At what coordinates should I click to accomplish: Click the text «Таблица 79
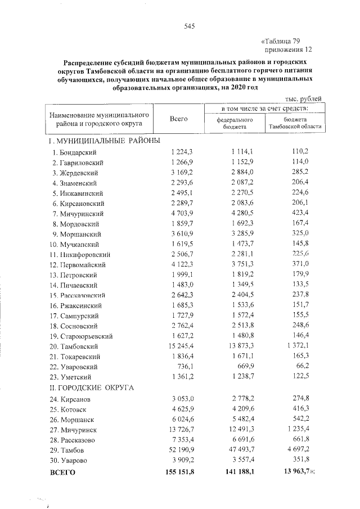click(283, 40)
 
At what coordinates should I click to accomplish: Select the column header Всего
click(178, 118)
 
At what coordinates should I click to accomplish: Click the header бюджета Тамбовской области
click(296, 123)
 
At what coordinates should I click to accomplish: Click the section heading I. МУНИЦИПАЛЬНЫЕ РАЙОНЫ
click(105, 141)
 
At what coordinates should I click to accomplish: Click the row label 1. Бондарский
click(74, 152)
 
